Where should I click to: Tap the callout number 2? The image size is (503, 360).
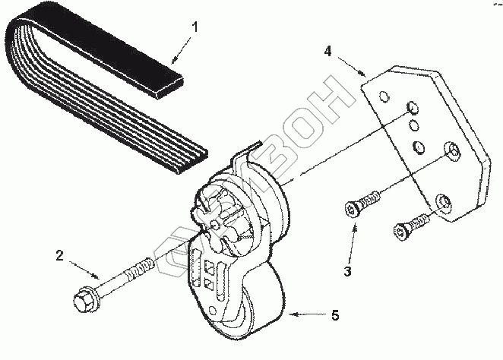pos(59,255)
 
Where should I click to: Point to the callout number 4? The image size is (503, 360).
pos(327,52)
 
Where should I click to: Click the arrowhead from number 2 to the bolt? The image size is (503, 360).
pos(97,274)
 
